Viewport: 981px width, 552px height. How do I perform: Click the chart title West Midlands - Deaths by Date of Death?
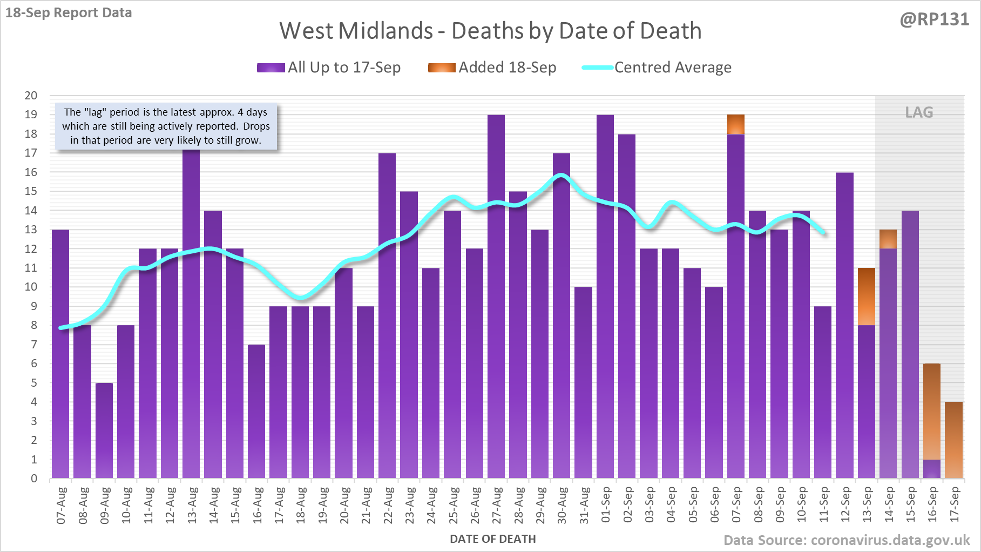point(490,31)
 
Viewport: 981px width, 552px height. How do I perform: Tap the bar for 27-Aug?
point(496,297)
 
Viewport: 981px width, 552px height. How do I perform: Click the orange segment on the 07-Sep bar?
point(736,124)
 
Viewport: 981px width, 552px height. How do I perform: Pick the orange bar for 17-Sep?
point(953,440)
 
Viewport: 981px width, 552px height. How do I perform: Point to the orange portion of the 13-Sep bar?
point(867,297)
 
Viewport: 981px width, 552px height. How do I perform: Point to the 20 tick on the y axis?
point(31,96)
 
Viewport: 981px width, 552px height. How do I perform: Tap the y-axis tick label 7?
point(34,345)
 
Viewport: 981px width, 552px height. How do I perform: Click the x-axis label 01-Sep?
point(606,505)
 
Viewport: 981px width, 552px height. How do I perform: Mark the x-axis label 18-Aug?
point(301,505)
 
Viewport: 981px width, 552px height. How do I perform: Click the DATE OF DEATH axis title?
point(493,539)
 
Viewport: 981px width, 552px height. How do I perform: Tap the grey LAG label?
point(919,112)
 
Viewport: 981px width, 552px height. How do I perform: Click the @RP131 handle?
point(934,19)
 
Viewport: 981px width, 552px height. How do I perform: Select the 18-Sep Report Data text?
point(69,13)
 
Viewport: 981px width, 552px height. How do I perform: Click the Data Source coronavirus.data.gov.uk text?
point(847,540)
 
